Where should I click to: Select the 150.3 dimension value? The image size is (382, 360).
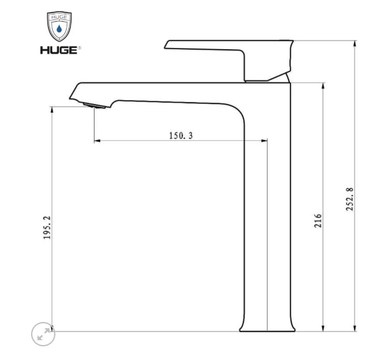pyautogui.click(x=180, y=135)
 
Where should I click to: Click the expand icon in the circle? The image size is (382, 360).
pyautogui.click(x=43, y=335)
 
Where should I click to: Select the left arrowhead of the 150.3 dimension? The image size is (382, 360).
pyautogui.click(x=97, y=141)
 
